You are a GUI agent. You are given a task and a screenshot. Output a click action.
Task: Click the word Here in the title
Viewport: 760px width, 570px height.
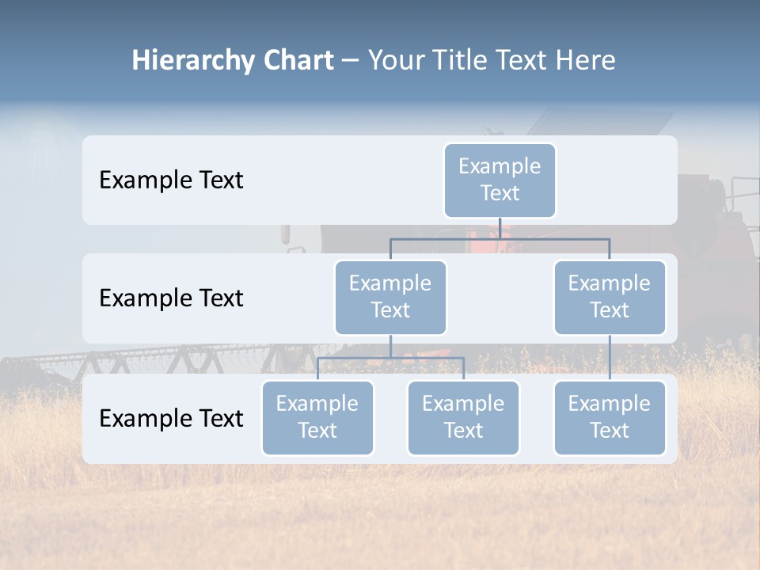[585, 61]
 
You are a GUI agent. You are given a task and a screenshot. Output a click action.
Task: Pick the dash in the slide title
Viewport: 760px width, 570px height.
[351, 61]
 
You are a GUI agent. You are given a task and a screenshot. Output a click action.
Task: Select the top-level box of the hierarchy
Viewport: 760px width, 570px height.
[500, 180]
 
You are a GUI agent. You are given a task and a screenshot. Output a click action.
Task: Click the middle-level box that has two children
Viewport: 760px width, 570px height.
[390, 297]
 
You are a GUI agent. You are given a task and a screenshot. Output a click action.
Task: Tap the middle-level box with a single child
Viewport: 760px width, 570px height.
[610, 297]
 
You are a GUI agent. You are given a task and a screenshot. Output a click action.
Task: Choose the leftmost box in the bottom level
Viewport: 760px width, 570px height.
[317, 417]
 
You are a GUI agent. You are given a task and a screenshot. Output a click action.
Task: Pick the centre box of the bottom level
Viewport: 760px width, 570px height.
[463, 417]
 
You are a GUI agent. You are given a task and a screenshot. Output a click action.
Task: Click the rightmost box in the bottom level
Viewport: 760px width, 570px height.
[610, 417]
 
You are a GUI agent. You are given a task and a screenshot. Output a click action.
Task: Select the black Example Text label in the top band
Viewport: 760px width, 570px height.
[171, 180]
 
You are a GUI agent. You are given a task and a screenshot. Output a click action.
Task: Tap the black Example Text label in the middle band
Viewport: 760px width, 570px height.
[171, 298]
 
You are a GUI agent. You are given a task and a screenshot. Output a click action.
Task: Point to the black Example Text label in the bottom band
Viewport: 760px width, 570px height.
[171, 418]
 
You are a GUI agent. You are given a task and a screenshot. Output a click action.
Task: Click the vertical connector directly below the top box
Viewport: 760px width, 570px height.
[500, 228]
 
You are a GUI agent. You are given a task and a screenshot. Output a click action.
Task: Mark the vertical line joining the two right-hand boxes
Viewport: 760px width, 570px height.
[610, 358]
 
